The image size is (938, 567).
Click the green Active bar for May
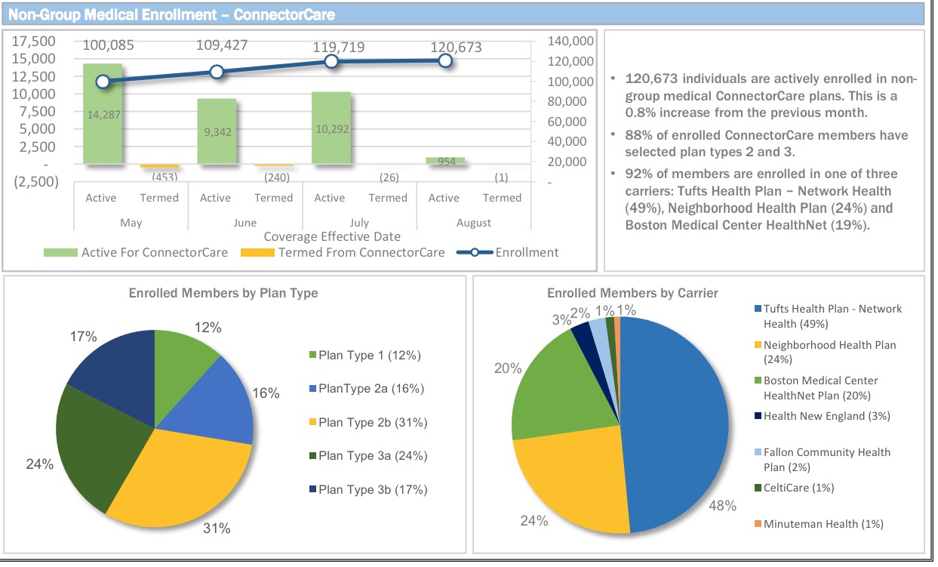pos(102,128)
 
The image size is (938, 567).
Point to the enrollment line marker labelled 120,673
pos(445,60)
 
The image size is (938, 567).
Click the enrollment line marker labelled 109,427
pos(217,72)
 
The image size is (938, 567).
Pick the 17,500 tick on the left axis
pos(34,41)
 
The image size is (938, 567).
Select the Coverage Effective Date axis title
pos(331,237)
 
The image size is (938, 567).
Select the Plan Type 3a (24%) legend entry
pos(373,456)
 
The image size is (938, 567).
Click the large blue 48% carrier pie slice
pos(672,423)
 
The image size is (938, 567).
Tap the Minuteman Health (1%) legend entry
pos(823,524)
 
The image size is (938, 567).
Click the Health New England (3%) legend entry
pos(826,416)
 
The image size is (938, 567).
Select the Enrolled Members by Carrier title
pos(632,293)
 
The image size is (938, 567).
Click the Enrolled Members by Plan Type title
pos(223,293)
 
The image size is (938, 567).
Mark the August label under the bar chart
pos(473,223)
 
